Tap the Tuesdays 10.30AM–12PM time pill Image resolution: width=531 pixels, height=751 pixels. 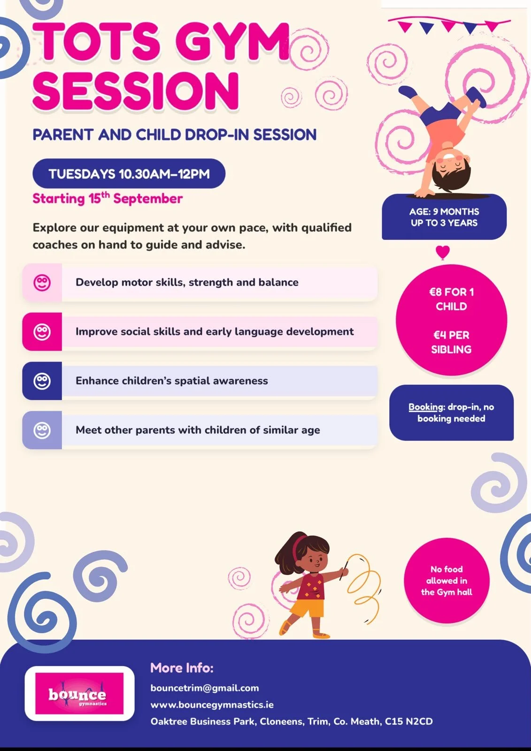point(129,173)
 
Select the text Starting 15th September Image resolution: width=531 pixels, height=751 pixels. point(108,199)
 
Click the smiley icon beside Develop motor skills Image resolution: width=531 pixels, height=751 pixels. point(42,282)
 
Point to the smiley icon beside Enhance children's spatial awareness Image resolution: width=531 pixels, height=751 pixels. point(42,381)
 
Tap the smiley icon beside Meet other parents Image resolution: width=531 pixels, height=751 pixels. point(42,430)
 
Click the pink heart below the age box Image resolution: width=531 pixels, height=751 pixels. point(442,252)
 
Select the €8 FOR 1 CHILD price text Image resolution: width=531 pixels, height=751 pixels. point(451,299)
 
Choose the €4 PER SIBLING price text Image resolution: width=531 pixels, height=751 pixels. point(451,342)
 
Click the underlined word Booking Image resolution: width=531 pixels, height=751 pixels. point(426,407)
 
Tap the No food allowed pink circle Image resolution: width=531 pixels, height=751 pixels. point(446,580)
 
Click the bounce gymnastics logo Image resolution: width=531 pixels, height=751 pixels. point(79,693)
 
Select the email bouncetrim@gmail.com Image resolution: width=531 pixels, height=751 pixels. point(205,688)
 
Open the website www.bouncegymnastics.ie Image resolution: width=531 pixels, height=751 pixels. point(212,705)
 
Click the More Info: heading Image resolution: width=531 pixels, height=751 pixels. point(182,667)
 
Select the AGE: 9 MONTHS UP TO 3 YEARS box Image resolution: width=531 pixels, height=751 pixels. point(444,217)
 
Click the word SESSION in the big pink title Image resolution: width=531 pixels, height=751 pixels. point(136,91)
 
